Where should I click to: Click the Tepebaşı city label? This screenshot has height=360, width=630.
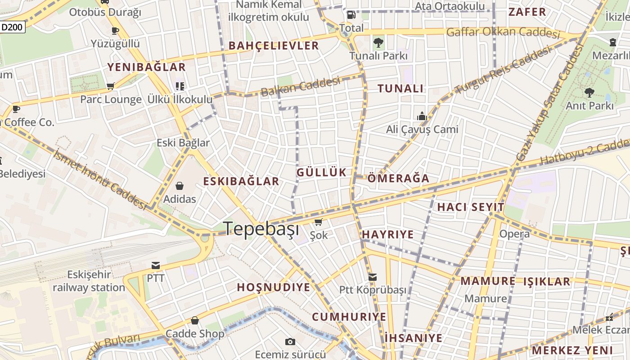tap(261, 229)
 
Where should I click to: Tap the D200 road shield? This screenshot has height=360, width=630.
tap(12, 27)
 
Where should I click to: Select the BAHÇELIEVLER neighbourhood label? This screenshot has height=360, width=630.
tap(274, 45)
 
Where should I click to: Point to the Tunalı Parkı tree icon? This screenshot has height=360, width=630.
tap(378, 43)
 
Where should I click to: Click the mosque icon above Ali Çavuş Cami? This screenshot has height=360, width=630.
tap(422, 116)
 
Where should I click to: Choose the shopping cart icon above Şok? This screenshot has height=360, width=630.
tap(319, 222)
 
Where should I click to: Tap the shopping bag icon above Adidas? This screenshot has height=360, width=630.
tap(180, 185)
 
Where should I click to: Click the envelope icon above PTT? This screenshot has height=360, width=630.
tap(156, 265)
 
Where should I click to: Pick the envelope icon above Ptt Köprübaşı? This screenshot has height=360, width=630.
tap(373, 277)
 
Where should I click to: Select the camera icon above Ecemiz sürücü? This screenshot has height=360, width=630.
tap(290, 342)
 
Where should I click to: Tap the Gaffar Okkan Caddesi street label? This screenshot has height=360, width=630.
tap(503, 32)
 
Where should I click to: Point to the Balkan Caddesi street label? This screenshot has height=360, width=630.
tap(300, 87)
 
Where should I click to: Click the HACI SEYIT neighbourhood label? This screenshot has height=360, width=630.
tap(471, 207)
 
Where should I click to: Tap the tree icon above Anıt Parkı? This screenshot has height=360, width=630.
tap(589, 93)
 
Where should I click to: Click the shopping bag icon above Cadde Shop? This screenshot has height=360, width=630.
tap(195, 320)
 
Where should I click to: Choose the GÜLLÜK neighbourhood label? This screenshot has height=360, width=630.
tap(321, 172)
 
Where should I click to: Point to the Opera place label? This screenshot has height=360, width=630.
tap(514, 234)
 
